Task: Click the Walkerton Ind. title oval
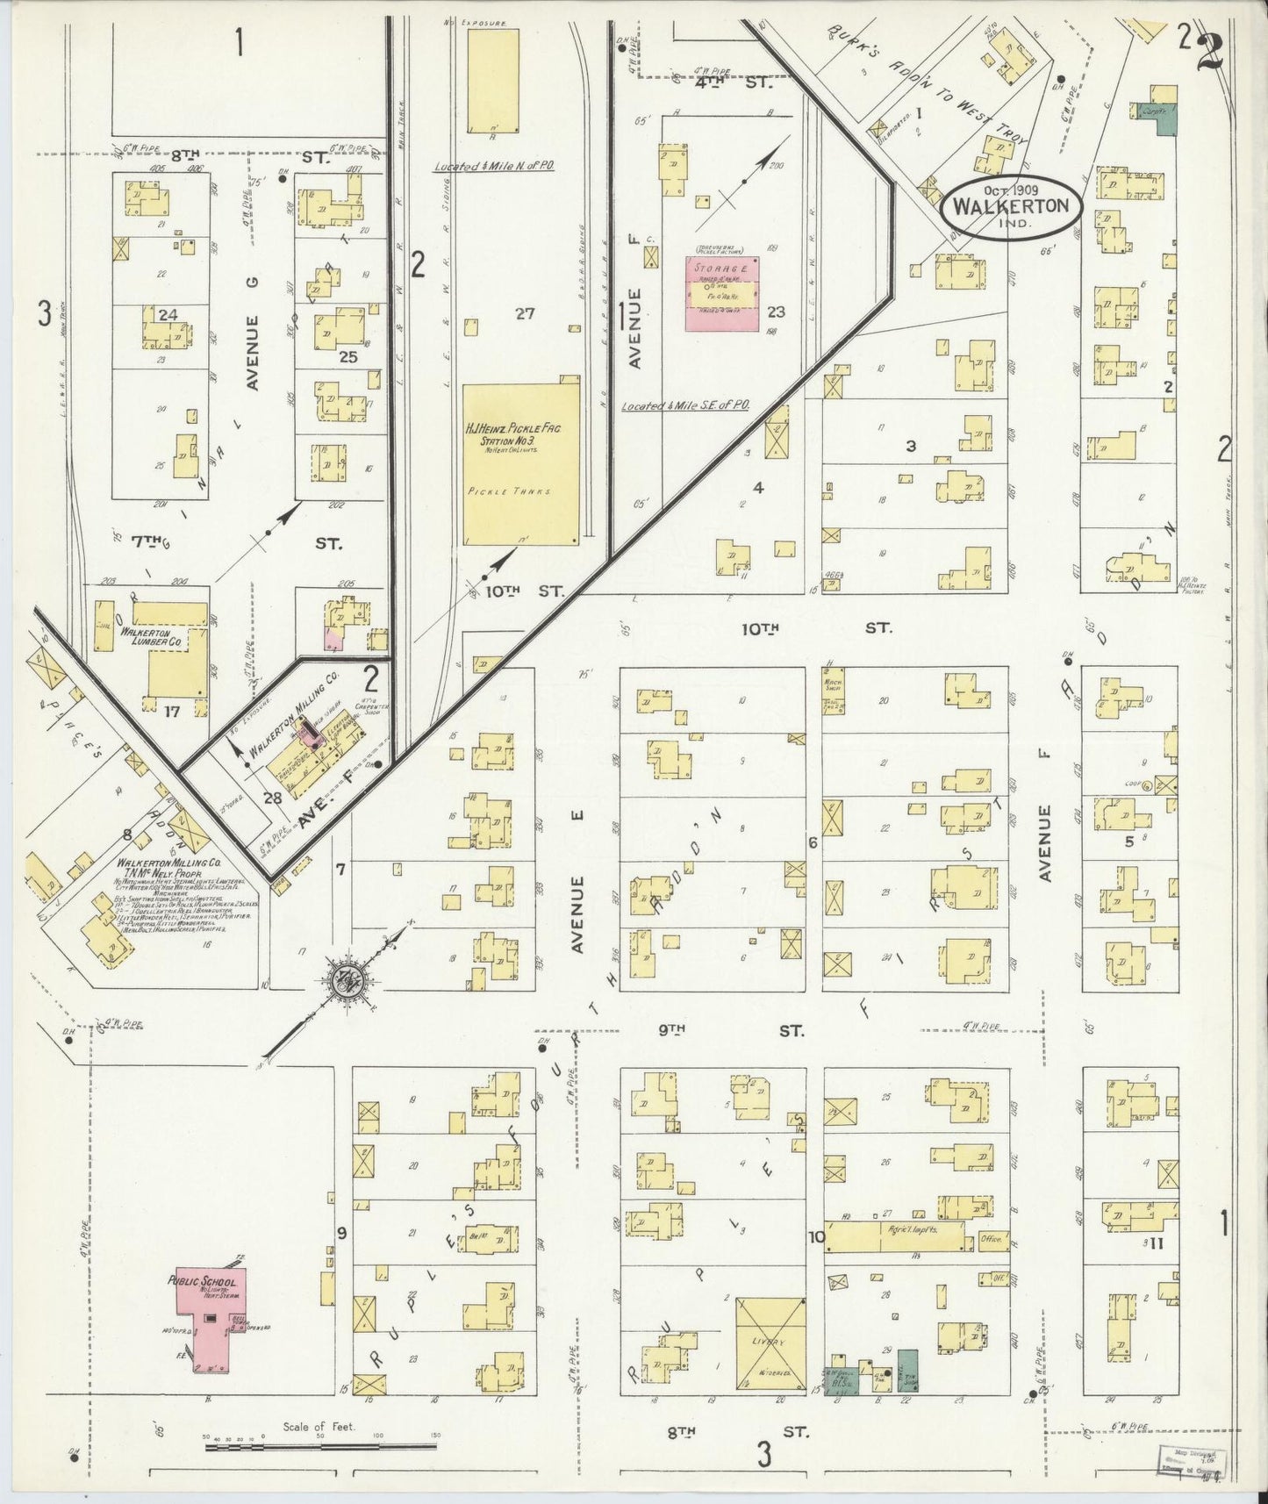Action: pyautogui.click(x=1011, y=209)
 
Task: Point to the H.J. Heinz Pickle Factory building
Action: pyautogui.click(x=521, y=464)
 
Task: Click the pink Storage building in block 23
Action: pyautogui.click(x=722, y=293)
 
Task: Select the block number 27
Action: pyautogui.click(x=525, y=313)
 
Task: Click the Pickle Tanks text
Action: pyautogui.click(x=521, y=492)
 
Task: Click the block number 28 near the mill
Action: pyautogui.click(x=271, y=798)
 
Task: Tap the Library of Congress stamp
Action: pyautogui.click(x=1194, y=1457)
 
